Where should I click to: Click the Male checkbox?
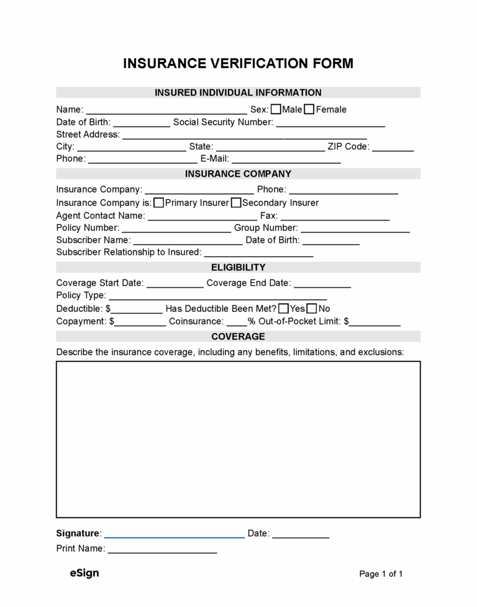[276, 110]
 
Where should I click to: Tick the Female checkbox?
[309, 110]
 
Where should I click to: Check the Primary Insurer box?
[159, 203]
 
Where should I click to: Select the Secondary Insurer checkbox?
[236, 203]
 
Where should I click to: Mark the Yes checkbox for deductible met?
[283, 309]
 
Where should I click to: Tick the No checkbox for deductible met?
[312, 309]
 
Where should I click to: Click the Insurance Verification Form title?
[238, 63]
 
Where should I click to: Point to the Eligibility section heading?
[238, 267]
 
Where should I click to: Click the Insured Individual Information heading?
[238, 92]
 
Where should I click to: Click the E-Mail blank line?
[286, 161]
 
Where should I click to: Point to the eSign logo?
[84, 573]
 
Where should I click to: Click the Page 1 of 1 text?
[381, 574]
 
